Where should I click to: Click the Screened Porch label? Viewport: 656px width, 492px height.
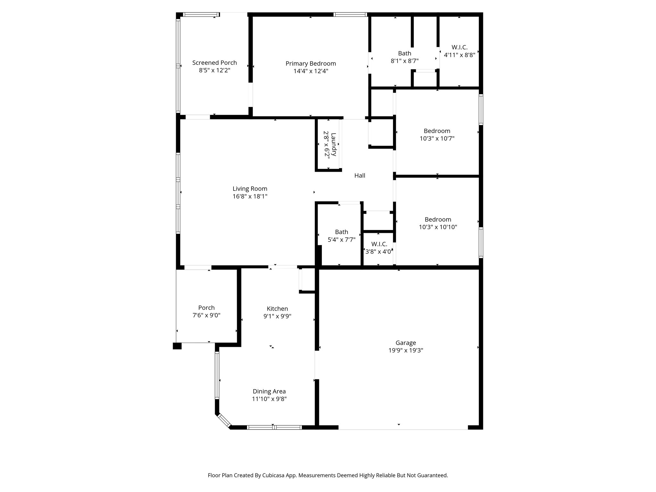click(x=214, y=63)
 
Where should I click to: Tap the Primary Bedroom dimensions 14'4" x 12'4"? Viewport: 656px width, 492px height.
click(x=311, y=71)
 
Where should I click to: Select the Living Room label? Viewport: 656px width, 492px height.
click(x=250, y=189)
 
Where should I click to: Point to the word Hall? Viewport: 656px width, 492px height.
click(x=360, y=176)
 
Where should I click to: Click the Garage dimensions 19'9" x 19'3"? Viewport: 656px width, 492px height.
click(x=406, y=350)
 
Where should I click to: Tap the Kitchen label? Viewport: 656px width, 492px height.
click(x=277, y=308)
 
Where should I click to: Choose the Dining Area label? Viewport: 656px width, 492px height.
click(x=269, y=391)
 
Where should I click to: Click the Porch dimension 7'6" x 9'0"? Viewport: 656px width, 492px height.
click(x=206, y=315)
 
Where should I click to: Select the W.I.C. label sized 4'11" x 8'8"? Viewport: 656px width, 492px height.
click(x=459, y=47)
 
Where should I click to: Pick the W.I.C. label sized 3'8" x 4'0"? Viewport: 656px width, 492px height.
click(x=379, y=244)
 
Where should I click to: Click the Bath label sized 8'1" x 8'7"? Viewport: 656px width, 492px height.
click(x=405, y=53)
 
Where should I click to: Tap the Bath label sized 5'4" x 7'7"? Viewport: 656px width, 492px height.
click(x=341, y=232)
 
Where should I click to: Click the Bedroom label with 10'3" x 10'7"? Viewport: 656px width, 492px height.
click(x=437, y=131)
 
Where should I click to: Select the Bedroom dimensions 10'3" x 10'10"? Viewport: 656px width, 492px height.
click(x=438, y=227)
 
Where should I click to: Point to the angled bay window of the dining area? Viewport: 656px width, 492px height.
click(x=224, y=421)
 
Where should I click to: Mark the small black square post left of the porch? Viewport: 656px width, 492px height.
click(x=177, y=346)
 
